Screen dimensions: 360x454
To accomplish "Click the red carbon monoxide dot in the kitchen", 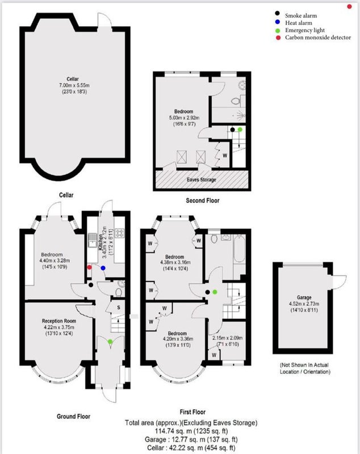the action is [x=89, y=267].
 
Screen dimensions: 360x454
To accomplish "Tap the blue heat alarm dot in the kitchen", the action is [x=103, y=268].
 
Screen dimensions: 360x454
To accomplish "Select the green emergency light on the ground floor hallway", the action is [x=110, y=342].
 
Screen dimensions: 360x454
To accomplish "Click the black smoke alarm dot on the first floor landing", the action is [x=207, y=292].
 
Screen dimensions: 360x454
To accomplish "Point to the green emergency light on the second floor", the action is [x=240, y=129].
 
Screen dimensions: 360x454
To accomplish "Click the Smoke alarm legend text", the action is [x=301, y=16].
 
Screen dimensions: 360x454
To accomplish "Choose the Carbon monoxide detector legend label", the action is [x=318, y=37].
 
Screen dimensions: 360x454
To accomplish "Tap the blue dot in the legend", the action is [x=278, y=22].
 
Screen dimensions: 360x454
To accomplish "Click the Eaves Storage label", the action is [x=201, y=179].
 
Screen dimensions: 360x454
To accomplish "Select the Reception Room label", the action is [x=59, y=321].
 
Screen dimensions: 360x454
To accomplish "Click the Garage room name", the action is [x=304, y=297].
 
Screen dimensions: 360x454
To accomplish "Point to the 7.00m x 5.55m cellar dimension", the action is [x=74, y=86].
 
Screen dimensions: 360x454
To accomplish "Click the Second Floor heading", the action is [x=203, y=200].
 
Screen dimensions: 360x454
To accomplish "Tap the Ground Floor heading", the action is [x=74, y=417].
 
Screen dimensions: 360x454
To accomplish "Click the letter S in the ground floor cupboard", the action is [x=119, y=308].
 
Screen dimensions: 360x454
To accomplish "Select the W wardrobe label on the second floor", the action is [x=225, y=155].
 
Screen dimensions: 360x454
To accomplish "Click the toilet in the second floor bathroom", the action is [x=235, y=101].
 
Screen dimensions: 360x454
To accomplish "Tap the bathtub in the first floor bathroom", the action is [x=239, y=249].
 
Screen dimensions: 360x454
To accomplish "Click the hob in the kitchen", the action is [x=120, y=233].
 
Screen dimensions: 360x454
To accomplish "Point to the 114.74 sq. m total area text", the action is [x=191, y=431].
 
